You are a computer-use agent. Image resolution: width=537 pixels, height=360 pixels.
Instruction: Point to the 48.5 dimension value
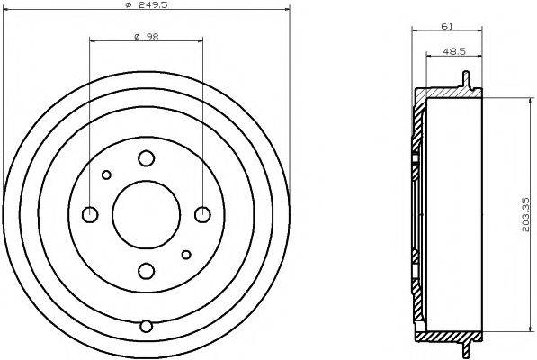(454, 51)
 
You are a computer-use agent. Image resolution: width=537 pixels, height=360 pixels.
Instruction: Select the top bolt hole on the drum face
(146, 158)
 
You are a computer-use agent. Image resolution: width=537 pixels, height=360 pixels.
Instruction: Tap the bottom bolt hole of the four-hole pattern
(146, 269)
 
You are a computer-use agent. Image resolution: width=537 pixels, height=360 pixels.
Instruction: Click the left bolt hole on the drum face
(90, 214)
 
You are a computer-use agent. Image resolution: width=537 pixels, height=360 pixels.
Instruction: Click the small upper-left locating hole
(106, 175)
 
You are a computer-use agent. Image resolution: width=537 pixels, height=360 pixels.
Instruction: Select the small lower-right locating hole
(185, 254)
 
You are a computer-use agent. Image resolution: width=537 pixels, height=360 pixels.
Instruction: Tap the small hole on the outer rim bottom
(146, 326)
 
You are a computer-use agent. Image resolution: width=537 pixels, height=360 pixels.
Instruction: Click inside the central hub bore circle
(146, 214)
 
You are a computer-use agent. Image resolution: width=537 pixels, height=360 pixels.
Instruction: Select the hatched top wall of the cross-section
(445, 94)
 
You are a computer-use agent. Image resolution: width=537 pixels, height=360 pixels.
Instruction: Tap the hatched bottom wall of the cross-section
(445, 336)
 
